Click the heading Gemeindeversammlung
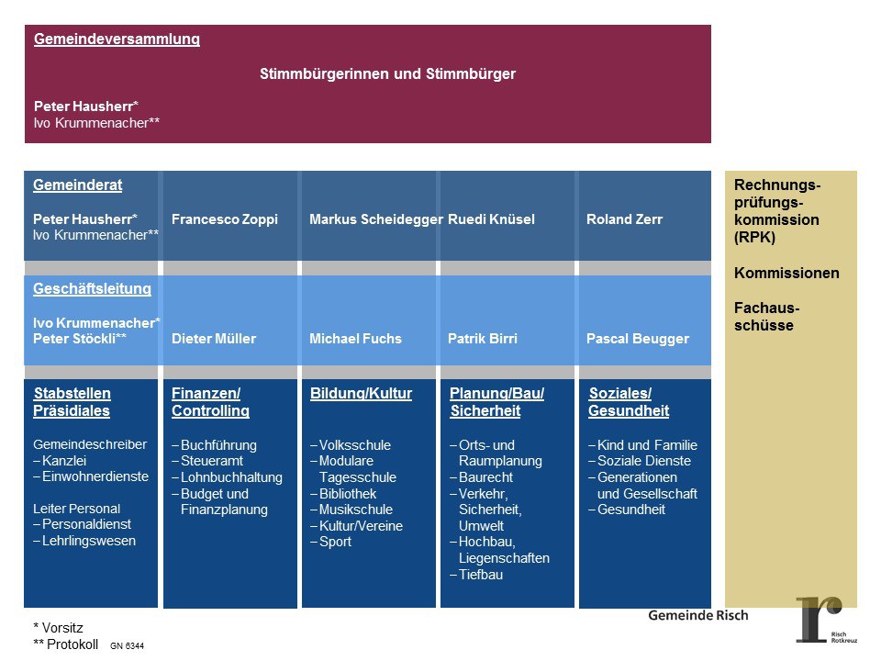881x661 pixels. tap(117, 39)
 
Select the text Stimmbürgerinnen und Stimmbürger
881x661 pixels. tap(387, 74)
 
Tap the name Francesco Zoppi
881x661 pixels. tap(225, 219)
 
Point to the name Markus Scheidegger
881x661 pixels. tap(376, 219)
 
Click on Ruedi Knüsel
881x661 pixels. tap(491, 219)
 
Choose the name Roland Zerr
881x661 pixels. tap(624, 219)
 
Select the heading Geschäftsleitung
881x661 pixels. tap(92, 289)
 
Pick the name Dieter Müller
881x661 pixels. tap(214, 339)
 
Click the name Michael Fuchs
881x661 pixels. tap(355, 339)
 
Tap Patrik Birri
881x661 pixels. tap(483, 339)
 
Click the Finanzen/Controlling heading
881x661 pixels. tap(210, 402)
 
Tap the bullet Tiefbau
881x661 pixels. tap(481, 575)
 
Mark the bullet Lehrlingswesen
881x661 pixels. tap(88, 541)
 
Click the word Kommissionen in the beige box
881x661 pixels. tap(786, 273)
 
